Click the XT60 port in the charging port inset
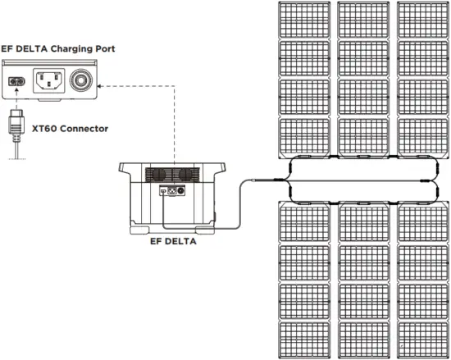pyautogui.click(x=16, y=82)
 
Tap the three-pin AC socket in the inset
pyautogui.click(x=48, y=82)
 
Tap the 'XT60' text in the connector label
pyautogui.click(x=43, y=128)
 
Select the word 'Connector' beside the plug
pyautogui.click(x=84, y=128)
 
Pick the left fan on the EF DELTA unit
pyautogui.click(x=158, y=175)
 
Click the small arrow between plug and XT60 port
pyautogui.click(x=16, y=103)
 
